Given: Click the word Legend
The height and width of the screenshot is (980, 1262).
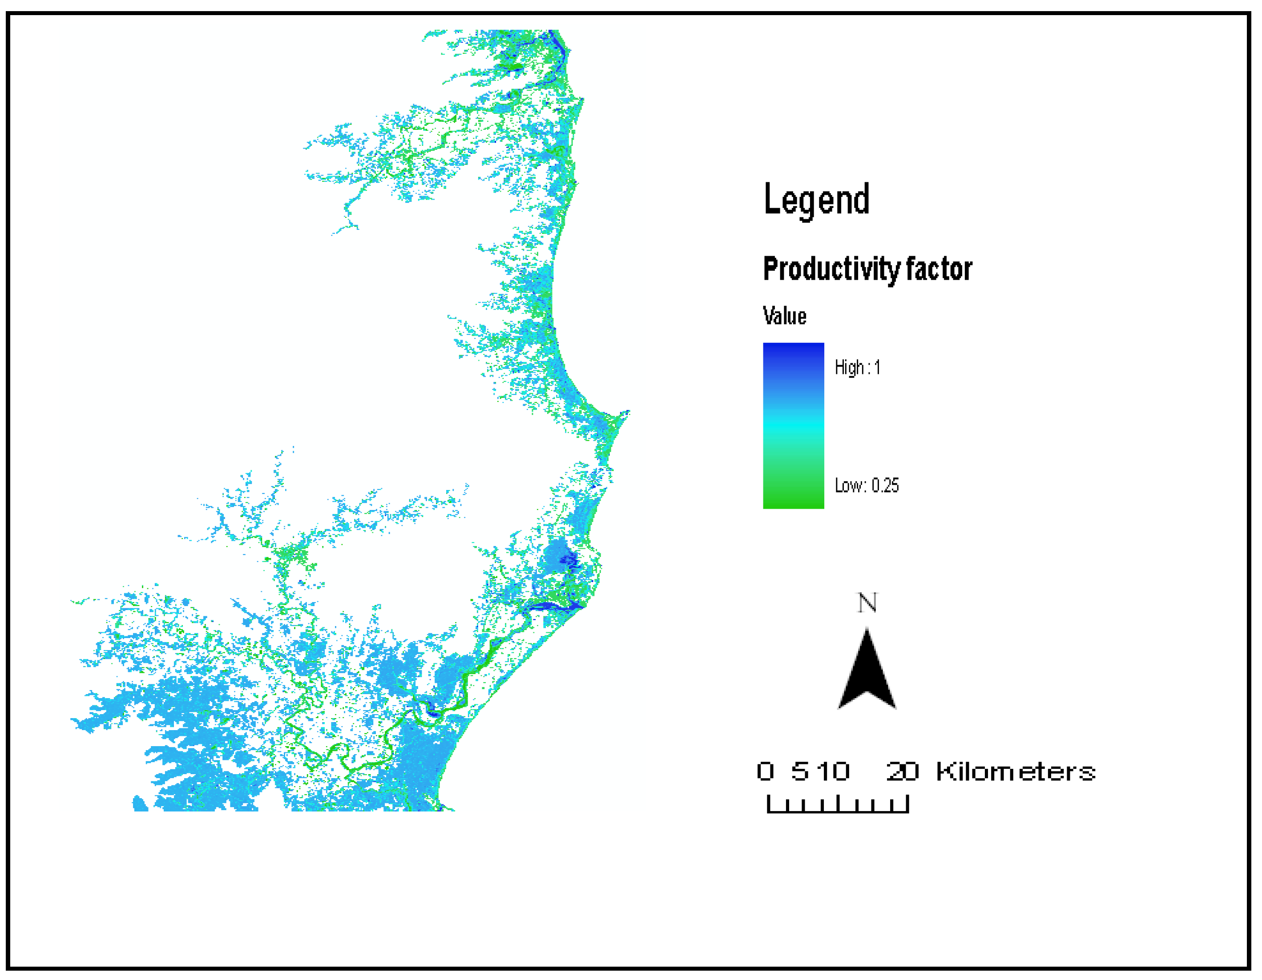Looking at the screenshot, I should (x=816, y=199).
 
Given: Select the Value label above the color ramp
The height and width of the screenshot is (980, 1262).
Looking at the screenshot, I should (x=784, y=316).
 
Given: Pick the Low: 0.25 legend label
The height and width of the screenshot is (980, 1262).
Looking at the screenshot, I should (x=866, y=485).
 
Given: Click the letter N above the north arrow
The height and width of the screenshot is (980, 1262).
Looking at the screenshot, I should (x=866, y=603).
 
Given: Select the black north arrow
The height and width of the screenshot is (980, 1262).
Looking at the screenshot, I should (x=866, y=673).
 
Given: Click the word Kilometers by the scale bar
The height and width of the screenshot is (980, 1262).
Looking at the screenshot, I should (x=1015, y=772).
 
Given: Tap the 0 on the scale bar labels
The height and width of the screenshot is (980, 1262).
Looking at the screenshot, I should (x=765, y=771).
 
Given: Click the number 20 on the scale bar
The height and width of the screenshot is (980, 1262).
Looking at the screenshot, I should (x=902, y=771).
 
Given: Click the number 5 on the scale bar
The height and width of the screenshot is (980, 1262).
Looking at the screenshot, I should (x=800, y=771).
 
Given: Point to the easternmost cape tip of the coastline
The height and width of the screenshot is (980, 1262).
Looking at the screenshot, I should (x=628, y=412).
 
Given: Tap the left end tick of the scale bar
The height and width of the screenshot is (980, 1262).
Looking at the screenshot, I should (x=768, y=804).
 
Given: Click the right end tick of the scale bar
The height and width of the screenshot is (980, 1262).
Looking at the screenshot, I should (x=908, y=804).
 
